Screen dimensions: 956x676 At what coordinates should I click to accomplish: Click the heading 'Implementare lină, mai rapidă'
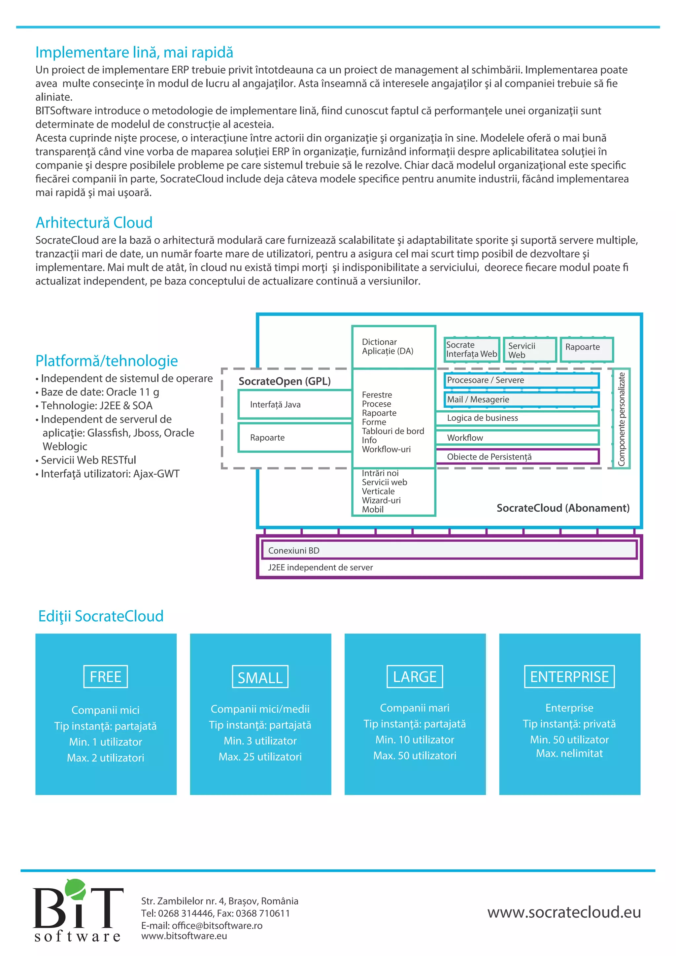tap(134, 52)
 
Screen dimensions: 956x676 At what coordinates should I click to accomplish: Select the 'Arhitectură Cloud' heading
tap(94, 223)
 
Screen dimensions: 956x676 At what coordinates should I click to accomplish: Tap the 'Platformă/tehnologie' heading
tap(107, 360)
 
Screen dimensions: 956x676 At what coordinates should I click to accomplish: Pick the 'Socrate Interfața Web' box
tap(472, 349)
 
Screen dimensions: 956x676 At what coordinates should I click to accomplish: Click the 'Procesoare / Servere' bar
tap(521, 380)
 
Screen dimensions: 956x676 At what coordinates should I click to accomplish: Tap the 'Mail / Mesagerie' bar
tap(521, 399)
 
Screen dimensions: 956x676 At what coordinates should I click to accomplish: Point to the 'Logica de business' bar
tap(517, 418)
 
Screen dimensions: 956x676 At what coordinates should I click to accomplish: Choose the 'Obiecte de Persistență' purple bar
tap(517, 457)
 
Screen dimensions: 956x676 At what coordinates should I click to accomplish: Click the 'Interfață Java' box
tap(295, 404)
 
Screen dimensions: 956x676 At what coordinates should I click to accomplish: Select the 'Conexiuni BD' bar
tap(449, 550)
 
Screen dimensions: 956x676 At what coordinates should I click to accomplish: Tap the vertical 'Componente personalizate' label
tap(621, 419)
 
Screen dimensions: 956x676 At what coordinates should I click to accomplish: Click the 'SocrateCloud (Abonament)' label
tap(563, 508)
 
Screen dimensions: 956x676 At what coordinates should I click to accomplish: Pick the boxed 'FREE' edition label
tap(106, 677)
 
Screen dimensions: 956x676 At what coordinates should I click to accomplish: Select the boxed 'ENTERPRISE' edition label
tap(569, 677)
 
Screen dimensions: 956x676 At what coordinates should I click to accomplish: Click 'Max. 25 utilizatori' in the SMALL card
tap(260, 757)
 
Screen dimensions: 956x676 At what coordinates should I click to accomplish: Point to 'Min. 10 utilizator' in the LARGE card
tap(415, 739)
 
